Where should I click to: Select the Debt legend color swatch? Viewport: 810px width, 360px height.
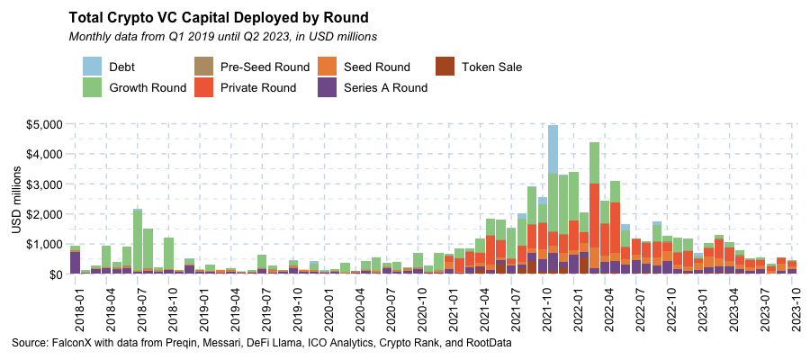(92, 67)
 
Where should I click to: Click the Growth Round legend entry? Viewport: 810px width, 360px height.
(148, 87)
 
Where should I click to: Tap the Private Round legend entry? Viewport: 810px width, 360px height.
(258, 87)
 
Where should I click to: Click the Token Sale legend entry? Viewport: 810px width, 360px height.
(491, 67)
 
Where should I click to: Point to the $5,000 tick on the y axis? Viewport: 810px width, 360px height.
(43, 124)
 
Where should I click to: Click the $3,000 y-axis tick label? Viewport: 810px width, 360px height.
(43, 184)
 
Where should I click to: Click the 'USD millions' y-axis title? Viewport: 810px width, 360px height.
(17, 198)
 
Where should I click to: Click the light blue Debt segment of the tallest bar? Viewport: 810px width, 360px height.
(553, 148)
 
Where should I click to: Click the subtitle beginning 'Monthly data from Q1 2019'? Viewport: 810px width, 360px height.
(222, 37)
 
